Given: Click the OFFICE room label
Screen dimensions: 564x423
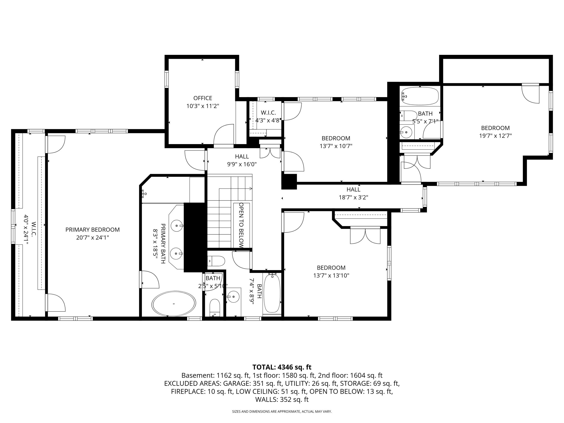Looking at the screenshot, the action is pyautogui.click(x=203, y=98).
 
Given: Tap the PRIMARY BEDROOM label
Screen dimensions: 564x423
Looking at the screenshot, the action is pyautogui.click(x=93, y=230).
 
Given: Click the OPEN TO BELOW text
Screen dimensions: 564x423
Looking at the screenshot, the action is pyautogui.click(x=241, y=225).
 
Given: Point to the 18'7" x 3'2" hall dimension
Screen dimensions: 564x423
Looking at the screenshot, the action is pyautogui.click(x=353, y=197).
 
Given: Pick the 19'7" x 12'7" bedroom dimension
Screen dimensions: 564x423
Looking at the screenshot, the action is pyautogui.click(x=495, y=136).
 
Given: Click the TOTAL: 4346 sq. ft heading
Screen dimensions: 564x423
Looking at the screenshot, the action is pyautogui.click(x=282, y=367).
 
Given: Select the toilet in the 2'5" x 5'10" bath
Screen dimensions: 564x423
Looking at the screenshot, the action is pyautogui.click(x=215, y=308).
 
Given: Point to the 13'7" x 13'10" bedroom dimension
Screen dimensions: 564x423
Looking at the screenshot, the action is pyautogui.click(x=331, y=276).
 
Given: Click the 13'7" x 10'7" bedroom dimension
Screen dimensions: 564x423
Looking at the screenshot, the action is pyautogui.click(x=336, y=146).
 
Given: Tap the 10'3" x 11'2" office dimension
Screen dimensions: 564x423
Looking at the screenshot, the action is pyautogui.click(x=203, y=106).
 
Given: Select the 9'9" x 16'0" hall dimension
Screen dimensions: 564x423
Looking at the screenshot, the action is pyautogui.click(x=242, y=164).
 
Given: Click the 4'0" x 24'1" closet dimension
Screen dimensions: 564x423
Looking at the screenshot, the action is pyautogui.click(x=26, y=230).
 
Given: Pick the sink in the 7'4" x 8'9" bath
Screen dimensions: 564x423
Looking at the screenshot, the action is pyautogui.click(x=233, y=297).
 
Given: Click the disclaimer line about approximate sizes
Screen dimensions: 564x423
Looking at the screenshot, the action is pyautogui.click(x=282, y=412).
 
